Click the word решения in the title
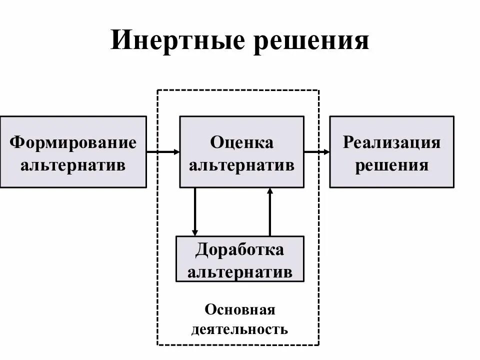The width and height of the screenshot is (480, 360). [x=311, y=41]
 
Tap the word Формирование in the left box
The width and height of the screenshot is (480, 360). [x=73, y=142]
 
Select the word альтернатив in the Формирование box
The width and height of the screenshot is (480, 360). [x=73, y=164]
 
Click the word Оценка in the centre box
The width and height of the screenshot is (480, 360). [x=242, y=142]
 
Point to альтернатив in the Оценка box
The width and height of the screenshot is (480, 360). [x=242, y=164]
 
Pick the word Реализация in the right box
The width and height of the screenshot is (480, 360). [x=391, y=142]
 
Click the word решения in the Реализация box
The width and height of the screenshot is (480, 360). [x=391, y=164]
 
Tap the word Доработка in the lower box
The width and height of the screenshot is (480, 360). [x=240, y=249]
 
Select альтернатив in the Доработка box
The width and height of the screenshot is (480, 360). [x=240, y=271]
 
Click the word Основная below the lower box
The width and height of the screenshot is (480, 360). [x=239, y=309]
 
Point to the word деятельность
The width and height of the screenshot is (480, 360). [x=239, y=329]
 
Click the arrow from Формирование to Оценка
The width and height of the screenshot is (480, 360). [x=163, y=151]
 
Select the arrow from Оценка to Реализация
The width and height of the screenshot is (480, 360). [x=316, y=151]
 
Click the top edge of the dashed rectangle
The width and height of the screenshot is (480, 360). [x=238, y=90]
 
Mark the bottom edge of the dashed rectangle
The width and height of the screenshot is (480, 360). [x=238, y=344]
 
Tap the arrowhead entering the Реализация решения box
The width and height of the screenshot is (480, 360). [x=326, y=151]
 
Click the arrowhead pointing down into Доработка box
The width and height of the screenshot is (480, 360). [x=195, y=232]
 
